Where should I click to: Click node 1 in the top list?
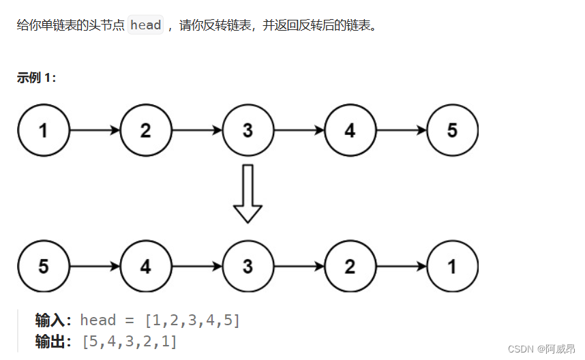point(44,130)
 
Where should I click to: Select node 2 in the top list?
point(146,130)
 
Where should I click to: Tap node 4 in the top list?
point(350,130)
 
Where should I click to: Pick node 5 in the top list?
point(452,130)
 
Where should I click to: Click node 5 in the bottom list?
point(44,266)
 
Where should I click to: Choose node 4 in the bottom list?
point(146,266)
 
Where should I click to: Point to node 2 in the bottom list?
point(350,266)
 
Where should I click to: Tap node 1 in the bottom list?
point(452,266)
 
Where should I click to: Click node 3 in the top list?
point(248,130)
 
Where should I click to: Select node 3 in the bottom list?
point(248,266)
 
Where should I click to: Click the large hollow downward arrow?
point(248,194)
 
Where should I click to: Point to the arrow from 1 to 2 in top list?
point(95,130)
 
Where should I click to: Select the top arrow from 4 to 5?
point(401,130)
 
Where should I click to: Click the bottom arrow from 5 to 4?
point(95,266)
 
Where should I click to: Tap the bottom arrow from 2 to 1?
point(401,266)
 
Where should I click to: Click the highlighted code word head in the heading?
point(146,26)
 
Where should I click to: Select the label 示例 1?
point(37,78)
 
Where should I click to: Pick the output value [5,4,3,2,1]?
point(129,342)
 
